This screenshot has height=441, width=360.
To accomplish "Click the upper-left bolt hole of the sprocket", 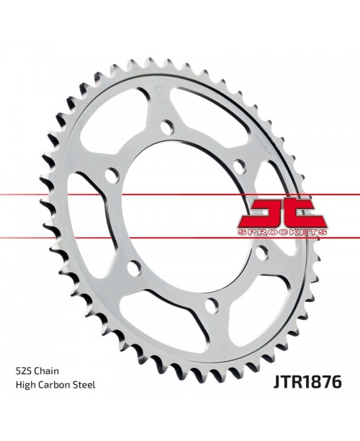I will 111,176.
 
